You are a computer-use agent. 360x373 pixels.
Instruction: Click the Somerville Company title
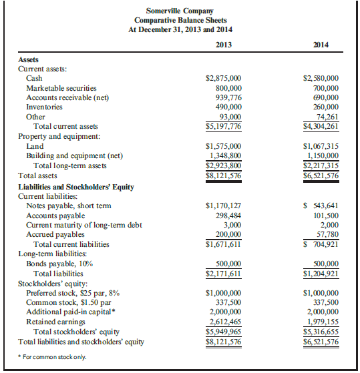click(x=180, y=11)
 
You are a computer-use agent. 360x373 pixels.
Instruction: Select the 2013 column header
click(x=225, y=45)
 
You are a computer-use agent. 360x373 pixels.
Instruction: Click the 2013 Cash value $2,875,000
click(x=223, y=78)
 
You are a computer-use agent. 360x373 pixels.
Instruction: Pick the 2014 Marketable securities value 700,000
click(x=324, y=87)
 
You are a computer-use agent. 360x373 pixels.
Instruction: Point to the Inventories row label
click(x=44, y=107)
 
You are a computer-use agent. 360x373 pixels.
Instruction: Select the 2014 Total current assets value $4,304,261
click(x=321, y=126)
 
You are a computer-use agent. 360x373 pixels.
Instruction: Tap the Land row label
click(x=35, y=145)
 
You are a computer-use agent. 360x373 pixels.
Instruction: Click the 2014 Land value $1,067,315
click(x=321, y=145)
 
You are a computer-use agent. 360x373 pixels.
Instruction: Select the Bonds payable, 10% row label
click(x=59, y=264)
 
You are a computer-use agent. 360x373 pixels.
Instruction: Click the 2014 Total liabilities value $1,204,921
click(x=321, y=274)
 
